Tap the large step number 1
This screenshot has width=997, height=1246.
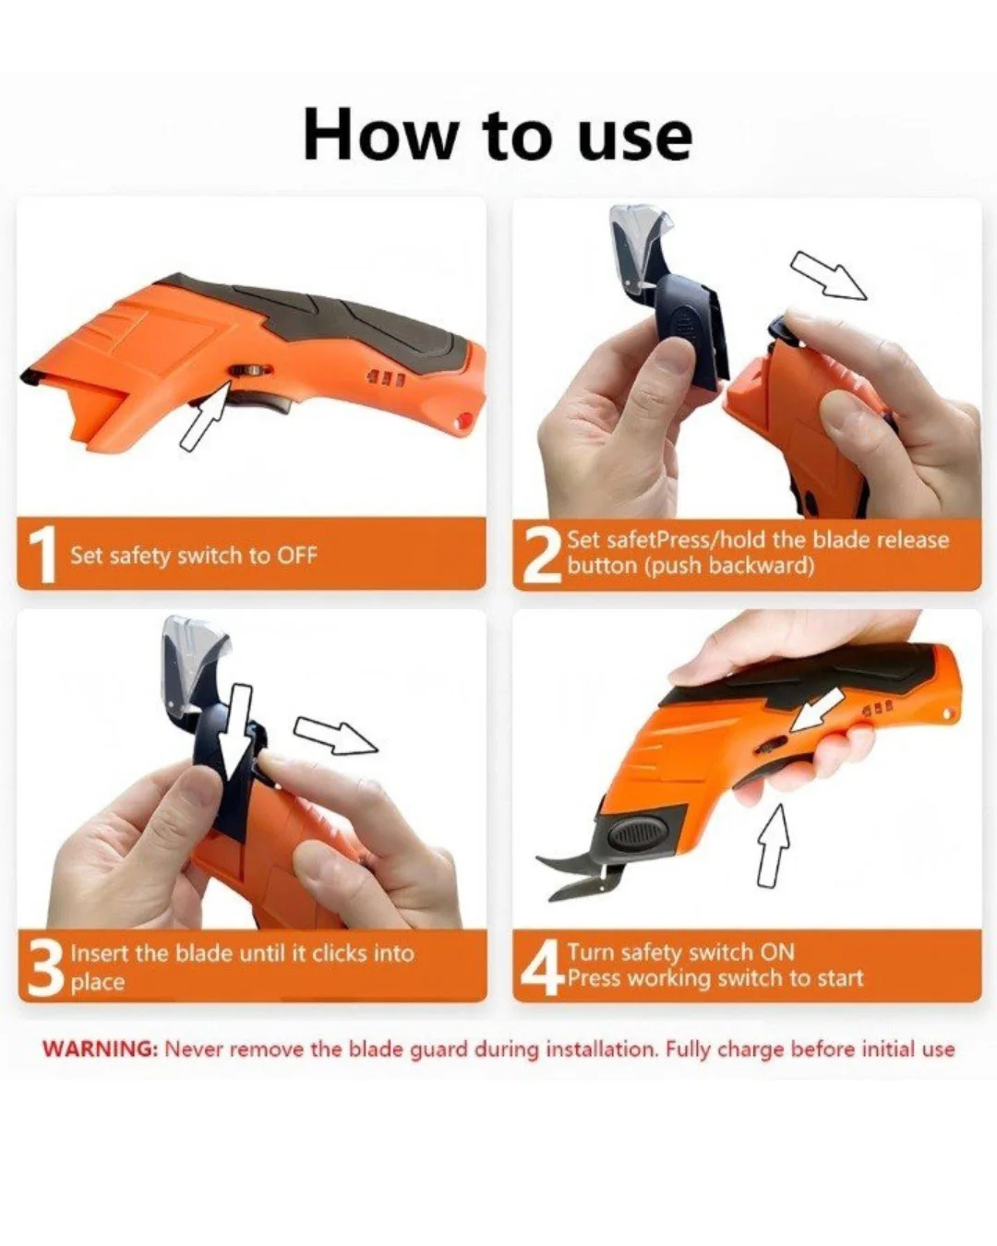[x=42, y=555]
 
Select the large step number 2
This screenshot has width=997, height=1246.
[x=541, y=556]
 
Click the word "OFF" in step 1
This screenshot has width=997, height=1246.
[x=297, y=556]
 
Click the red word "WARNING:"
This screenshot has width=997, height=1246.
[x=100, y=1048]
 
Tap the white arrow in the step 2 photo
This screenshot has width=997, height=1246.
[x=828, y=275]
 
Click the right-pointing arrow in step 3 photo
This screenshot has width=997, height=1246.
[x=336, y=736]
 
